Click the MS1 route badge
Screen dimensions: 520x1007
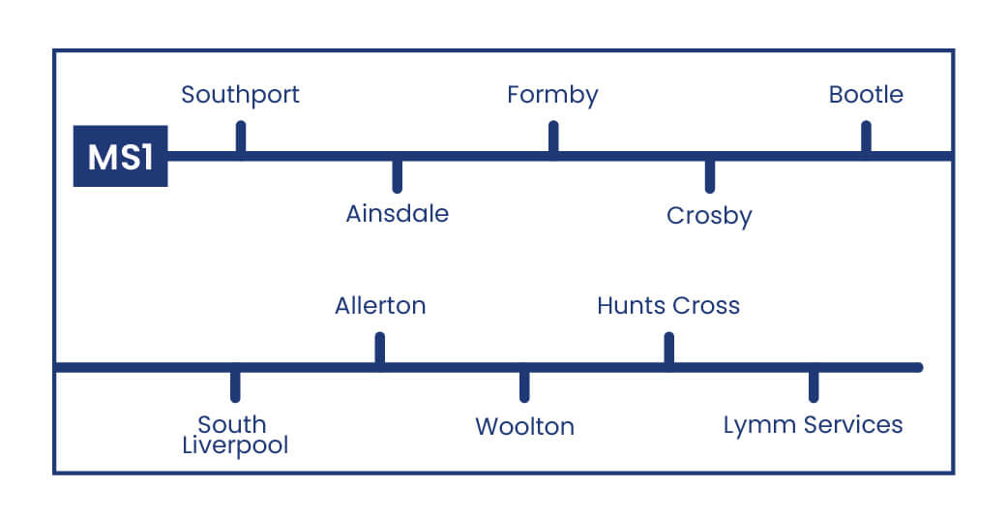point(120,156)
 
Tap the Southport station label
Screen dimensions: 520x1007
point(240,95)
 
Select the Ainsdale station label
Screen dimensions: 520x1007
point(397,214)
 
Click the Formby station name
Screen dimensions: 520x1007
point(552,95)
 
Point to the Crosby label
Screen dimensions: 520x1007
point(709,216)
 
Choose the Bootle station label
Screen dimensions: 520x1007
point(866,95)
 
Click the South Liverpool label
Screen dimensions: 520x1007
point(235,435)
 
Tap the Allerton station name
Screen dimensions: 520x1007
point(380,306)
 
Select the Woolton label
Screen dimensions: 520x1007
point(524,426)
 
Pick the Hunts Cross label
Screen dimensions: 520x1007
point(668,306)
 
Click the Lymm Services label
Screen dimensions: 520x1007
point(813,425)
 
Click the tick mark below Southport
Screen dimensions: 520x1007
point(241,137)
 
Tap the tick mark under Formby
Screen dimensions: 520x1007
point(553,137)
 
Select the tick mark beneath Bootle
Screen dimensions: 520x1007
point(866,137)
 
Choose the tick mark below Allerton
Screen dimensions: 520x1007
point(380,348)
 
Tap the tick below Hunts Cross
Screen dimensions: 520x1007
point(668,348)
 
